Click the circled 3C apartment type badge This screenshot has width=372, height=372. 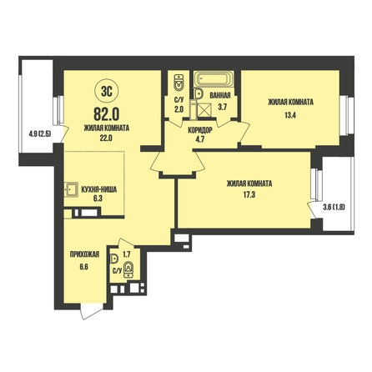107,91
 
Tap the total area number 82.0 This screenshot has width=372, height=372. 107,113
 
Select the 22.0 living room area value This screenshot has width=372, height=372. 106,138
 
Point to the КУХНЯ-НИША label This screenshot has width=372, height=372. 98,189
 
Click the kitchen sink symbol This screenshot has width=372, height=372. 71,189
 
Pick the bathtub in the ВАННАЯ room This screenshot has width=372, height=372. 214,79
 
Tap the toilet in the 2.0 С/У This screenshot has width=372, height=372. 178,83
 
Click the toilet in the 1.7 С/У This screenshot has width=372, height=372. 128,269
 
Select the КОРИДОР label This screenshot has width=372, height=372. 200,130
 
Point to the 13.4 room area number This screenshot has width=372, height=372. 290,115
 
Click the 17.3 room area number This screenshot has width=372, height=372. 249,194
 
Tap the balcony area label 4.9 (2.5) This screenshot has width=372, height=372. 39,134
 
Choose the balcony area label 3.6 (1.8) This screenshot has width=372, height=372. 334,207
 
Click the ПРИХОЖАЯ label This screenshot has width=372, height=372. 84,254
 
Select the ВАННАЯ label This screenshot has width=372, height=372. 220,96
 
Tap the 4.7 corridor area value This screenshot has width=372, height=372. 200,139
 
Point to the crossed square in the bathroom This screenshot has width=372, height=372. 204,110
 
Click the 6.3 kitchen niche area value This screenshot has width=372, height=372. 98,199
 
